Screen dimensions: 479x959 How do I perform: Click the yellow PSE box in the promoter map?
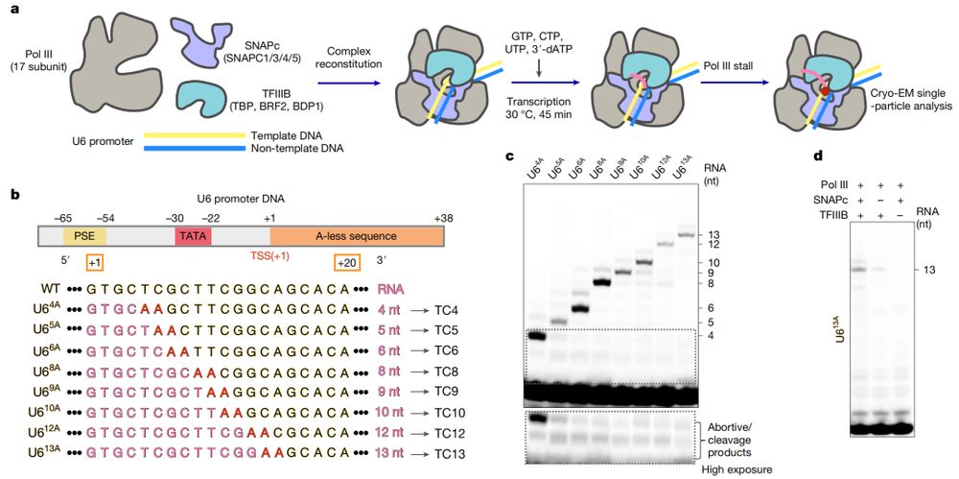coord(78,235)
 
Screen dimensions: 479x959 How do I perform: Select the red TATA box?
coord(192,235)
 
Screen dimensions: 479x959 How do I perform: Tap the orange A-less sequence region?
coord(356,235)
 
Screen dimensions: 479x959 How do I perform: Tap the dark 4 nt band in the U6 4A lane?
coord(535,336)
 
